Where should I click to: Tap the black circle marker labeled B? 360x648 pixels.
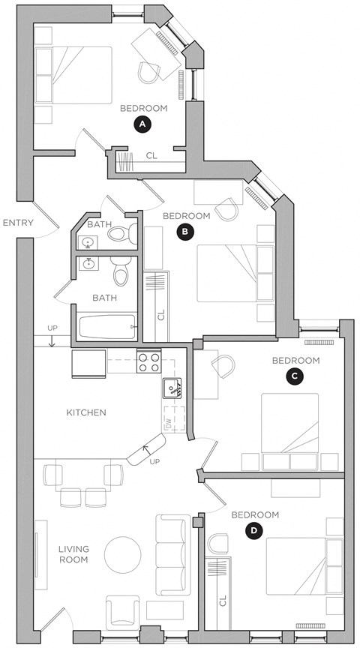(184, 232)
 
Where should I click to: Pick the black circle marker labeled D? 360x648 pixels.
(254, 531)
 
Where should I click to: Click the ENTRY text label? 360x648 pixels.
(16, 223)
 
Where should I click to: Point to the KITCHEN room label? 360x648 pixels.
(86, 412)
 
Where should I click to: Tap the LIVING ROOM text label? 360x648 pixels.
(73, 554)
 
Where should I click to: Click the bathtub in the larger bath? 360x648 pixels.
(106, 326)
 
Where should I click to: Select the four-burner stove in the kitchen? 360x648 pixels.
(148, 363)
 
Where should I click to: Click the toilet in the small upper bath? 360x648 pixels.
(121, 233)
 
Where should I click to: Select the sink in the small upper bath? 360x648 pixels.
(88, 242)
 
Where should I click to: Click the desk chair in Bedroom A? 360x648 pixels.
(148, 70)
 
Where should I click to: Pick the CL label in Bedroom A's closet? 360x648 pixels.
(151, 156)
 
